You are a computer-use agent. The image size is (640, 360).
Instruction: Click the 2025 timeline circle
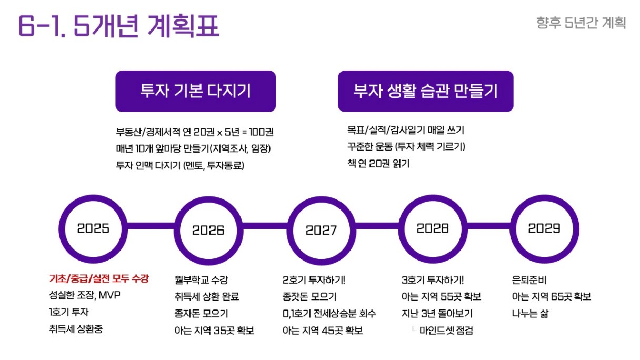(x=93, y=229)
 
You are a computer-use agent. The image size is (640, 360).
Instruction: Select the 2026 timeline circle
(x=208, y=231)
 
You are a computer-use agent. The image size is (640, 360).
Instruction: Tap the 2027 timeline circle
(x=322, y=231)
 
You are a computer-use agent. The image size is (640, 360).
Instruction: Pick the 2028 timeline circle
(x=433, y=229)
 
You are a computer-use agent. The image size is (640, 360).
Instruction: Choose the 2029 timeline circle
(x=545, y=229)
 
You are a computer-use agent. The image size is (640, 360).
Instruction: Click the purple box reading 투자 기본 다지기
(x=196, y=91)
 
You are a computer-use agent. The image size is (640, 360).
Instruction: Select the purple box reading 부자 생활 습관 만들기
(x=426, y=91)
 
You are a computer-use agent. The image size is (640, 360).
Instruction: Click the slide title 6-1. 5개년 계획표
(x=119, y=26)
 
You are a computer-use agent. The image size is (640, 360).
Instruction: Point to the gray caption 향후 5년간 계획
(x=581, y=23)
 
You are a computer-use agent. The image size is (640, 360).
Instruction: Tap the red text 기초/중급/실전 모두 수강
(x=99, y=278)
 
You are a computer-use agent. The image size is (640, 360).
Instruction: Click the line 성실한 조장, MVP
(x=85, y=295)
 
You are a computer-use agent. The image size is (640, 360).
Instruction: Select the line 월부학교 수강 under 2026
(x=202, y=280)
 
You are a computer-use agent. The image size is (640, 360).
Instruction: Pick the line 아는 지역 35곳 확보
(x=214, y=331)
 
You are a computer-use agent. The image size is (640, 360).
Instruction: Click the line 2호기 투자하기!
(x=314, y=280)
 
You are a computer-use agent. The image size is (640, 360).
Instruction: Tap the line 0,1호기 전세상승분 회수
(x=329, y=314)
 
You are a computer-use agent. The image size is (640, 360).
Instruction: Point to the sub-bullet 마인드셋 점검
(x=446, y=331)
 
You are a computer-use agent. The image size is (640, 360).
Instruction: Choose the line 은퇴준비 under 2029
(x=529, y=280)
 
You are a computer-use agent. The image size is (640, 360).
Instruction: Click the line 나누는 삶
(x=530, y=314)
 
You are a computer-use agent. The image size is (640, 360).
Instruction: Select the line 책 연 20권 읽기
(x=378, y=164)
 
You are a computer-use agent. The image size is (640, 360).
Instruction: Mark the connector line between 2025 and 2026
(x=151, y=226)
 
